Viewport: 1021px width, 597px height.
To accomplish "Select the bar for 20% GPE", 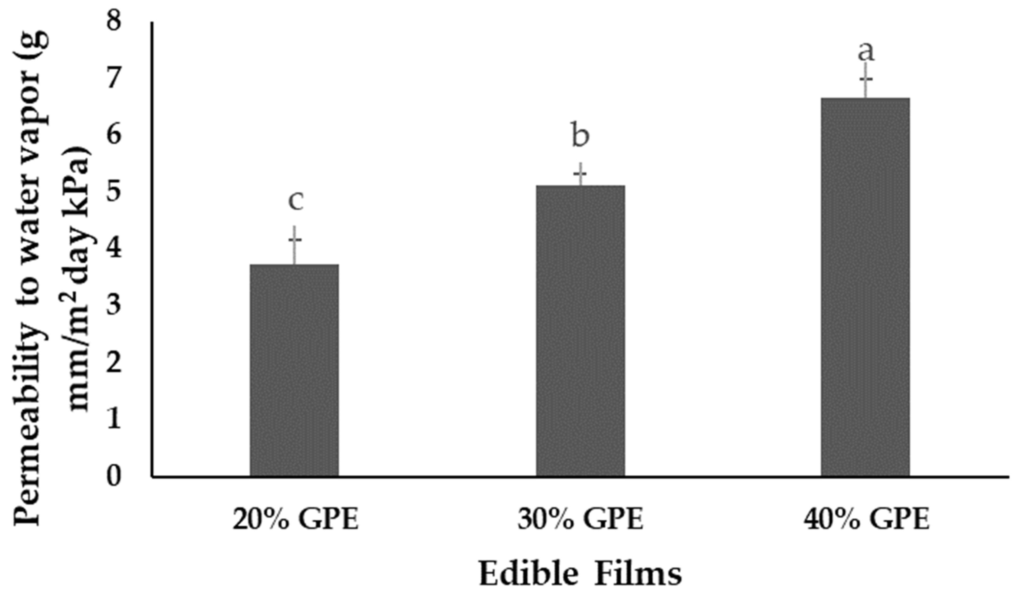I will (294, 370).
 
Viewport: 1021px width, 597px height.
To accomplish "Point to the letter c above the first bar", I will (296, 201).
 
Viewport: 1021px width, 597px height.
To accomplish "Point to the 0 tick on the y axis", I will (114, 477).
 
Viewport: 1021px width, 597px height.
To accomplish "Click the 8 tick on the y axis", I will (114, 20).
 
